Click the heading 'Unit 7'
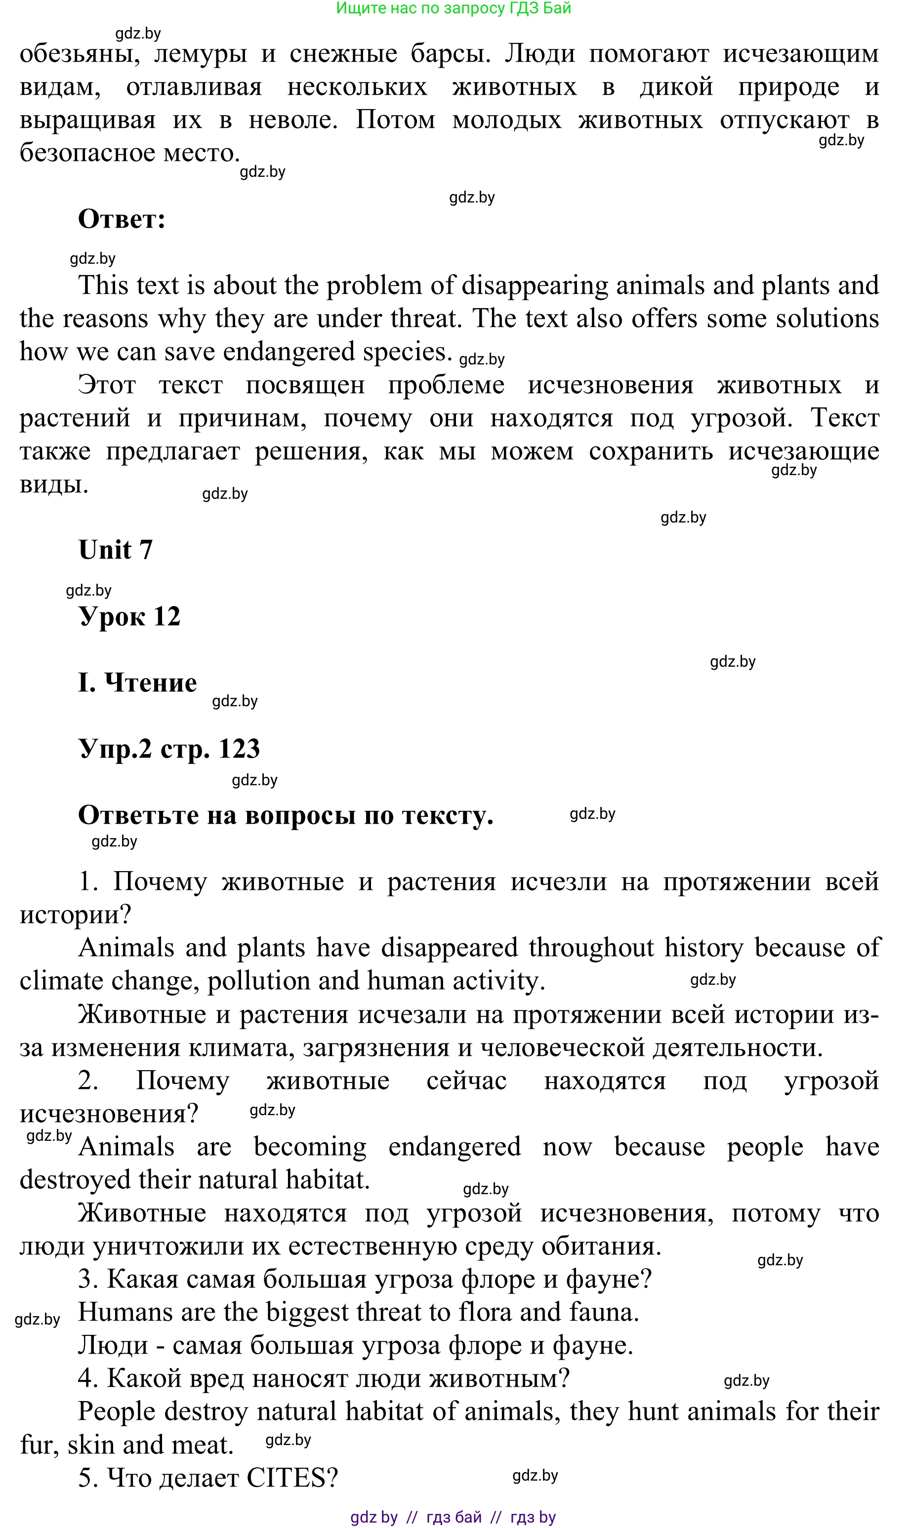click(115, 549)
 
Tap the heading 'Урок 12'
click(129, 616)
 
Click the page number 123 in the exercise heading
click(239, 749)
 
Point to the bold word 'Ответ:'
click(122, 219)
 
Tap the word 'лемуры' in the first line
click(200, 54)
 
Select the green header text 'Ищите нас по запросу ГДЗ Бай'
click(454, 8)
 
